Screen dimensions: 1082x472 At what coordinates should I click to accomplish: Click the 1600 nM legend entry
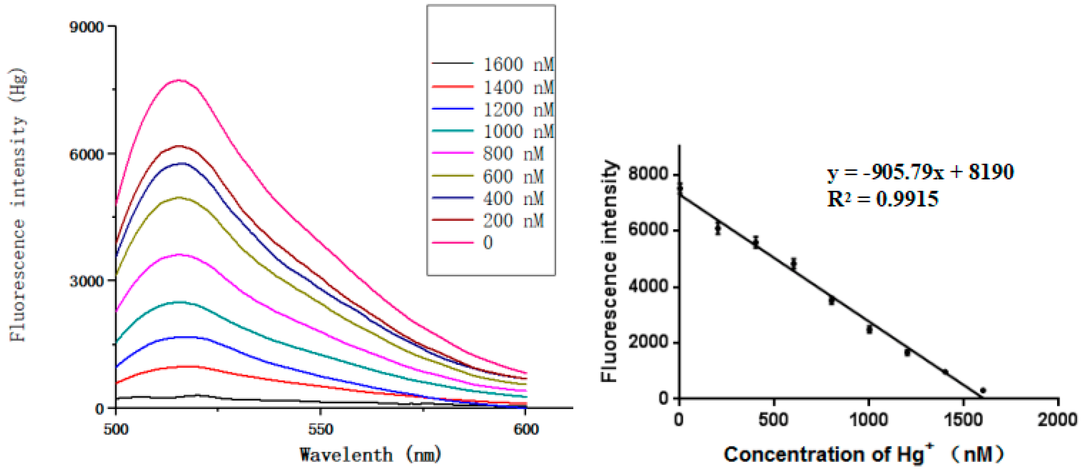[x=493, y=64]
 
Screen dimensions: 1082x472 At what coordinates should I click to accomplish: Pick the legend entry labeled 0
[x=462, y=242]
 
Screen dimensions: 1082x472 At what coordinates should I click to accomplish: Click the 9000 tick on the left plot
[x=86, y=27]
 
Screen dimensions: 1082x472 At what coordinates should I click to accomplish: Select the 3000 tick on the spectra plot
[x=86, y=281]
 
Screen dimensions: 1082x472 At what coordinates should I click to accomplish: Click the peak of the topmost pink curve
[x=179, y=80]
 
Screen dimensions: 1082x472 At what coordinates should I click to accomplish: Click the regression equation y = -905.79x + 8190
[x=920, y=172]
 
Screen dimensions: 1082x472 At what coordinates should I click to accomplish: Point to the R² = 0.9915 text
[x=882, y=199]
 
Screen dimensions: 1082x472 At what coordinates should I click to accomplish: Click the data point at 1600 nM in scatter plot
[x=983, y=391]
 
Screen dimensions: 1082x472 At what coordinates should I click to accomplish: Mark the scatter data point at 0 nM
[x=680, y=189]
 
